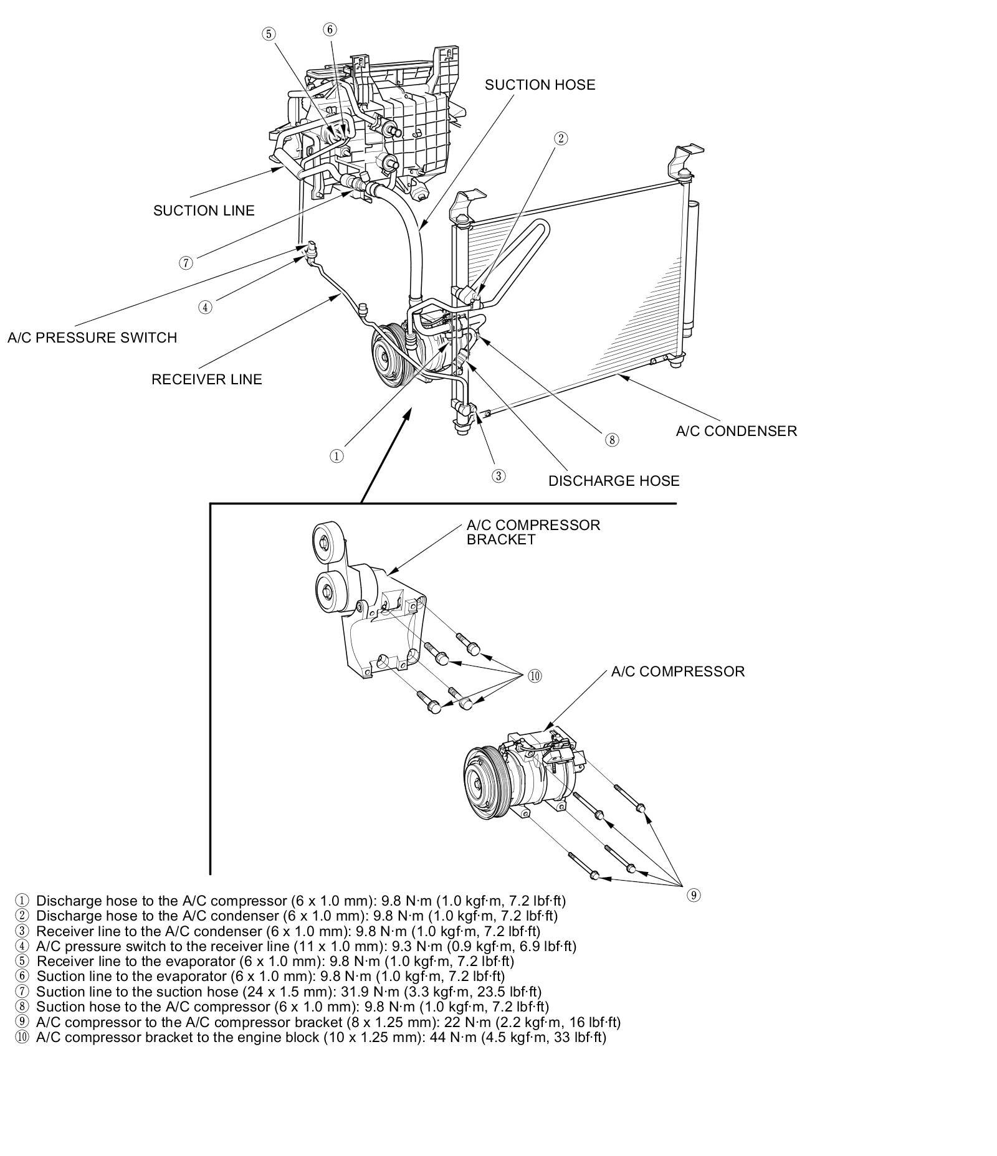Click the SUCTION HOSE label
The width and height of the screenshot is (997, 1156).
(540, 85)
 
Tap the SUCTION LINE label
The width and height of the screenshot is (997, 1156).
(204, 211)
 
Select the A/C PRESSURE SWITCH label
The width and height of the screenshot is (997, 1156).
(92, 338)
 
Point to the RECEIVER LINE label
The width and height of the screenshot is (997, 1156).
(207, 379)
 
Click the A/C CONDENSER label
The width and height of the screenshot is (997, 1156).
(736, 431)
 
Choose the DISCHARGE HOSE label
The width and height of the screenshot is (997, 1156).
(614, 481)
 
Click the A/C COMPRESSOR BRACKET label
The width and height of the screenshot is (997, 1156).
(533, 533)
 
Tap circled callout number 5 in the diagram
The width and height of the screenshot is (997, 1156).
(268, 34)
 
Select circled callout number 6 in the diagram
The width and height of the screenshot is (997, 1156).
(330, 29)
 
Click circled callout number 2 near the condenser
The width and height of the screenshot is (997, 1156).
(560, 138)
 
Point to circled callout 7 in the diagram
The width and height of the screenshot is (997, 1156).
(186, 263)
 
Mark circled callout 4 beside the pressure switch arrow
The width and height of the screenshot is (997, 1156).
(205, 306)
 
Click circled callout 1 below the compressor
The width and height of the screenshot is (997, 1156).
(336, 456)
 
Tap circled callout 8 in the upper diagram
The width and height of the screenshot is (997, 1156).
(612, 440)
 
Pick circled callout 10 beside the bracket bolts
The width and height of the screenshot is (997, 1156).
(535, 676)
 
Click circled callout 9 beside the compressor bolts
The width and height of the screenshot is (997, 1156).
(694, 896)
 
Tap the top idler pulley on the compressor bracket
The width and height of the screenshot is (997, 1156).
(325, 540)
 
